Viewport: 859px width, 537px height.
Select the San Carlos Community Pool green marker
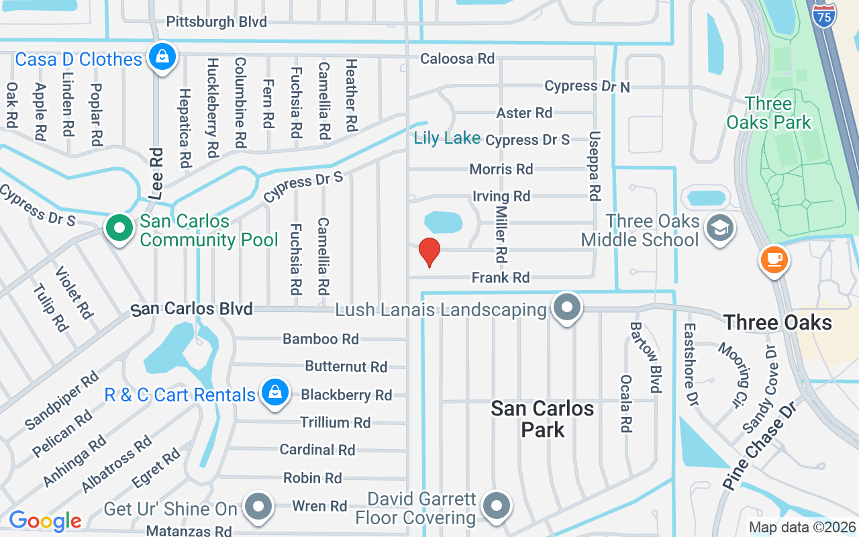click(x=119, y=228)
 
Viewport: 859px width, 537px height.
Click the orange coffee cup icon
click(x=773, y=259)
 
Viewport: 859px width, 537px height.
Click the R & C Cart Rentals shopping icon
click(x=274, y=393)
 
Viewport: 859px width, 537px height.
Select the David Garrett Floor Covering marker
click(x=497, y=506)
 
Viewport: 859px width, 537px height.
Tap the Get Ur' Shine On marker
click(x=258, y=507)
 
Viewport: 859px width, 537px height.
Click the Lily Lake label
click(x=447, y=138)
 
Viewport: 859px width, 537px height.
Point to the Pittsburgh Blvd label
click(x=216, y=21)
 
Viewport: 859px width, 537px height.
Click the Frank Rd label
click(x=501, y=277)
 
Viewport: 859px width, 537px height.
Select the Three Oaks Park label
click(x=769, y=113)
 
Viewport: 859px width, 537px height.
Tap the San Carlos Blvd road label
click(x=192, y=309)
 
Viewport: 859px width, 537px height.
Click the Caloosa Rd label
click(x=457, y=58)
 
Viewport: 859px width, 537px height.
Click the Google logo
click(x=45, y=521)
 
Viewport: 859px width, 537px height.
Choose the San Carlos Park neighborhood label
click(x=542, y=418)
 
